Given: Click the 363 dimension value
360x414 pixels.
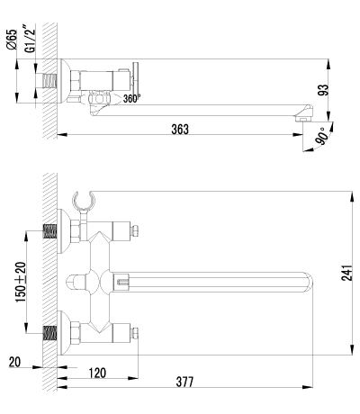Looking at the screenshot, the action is coord(180,129).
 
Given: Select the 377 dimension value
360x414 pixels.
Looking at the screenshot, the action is coord(184,382).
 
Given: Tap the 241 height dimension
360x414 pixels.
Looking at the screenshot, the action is coord(346,273).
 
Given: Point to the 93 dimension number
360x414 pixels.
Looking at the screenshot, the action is coord(323,90).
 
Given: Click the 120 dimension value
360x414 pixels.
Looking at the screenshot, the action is coord(97,373).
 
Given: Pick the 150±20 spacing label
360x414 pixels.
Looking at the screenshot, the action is coord(21,282).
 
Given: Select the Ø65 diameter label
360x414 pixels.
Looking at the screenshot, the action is coord(12,39).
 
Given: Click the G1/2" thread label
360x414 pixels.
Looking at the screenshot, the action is coord(30,40).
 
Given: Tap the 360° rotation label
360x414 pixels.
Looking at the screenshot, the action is coord(131,98).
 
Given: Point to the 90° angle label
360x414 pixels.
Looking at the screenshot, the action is coord(321,136).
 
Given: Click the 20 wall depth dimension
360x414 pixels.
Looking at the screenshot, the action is coord(14,362).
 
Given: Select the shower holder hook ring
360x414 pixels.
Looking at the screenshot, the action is coord(84,200).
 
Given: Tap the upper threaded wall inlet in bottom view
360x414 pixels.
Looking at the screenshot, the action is coord(49,231).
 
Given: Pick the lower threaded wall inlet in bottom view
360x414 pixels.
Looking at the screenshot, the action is coord(49,333).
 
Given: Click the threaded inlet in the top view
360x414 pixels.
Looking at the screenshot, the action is coord(49,81).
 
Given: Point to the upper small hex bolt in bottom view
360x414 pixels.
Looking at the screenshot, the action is coord(135,231).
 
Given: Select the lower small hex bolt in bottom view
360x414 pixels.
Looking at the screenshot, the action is coord(135,333).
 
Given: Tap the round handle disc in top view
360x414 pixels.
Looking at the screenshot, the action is coord(136,81).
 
